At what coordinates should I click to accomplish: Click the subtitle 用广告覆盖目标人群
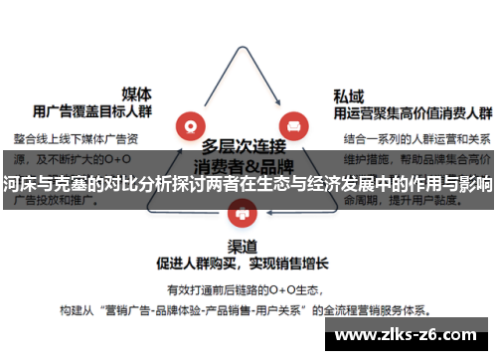(92, 110)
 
